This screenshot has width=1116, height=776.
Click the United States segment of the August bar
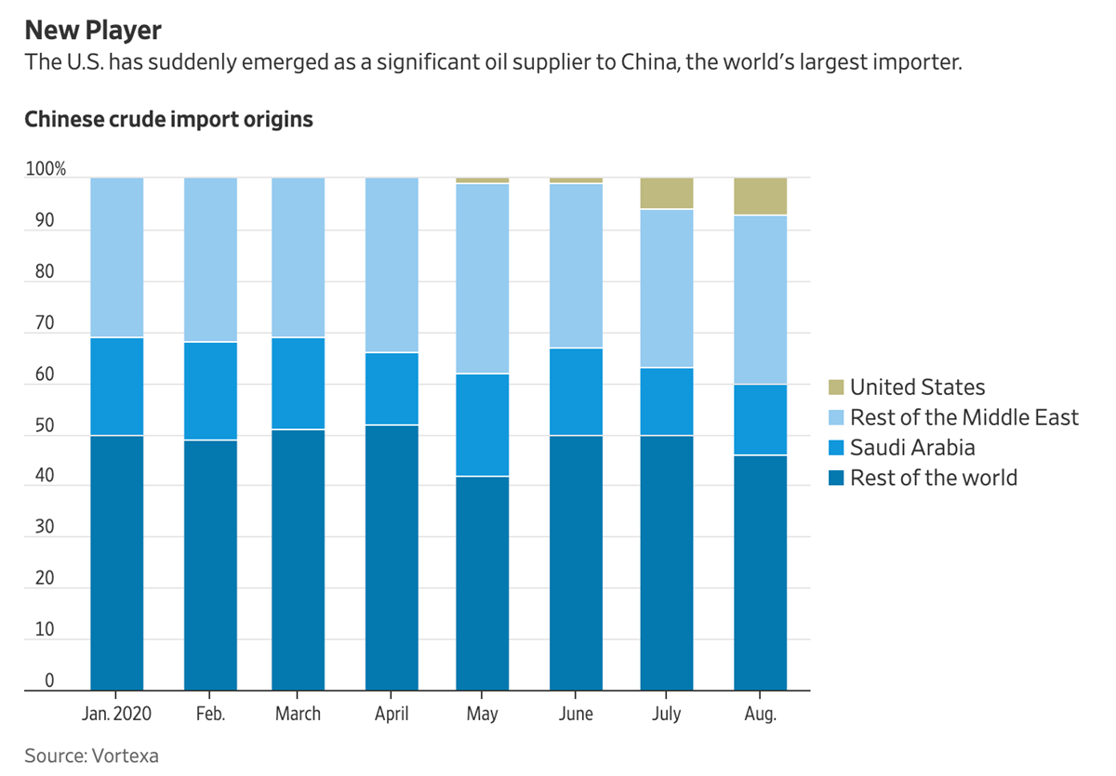tap(760, 196)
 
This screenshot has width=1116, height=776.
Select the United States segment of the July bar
tap(667, 193)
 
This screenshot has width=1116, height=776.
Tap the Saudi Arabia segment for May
tap(483, 425)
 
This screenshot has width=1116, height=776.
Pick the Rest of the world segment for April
tap(392, 558)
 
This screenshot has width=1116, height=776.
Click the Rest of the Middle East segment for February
tap(210, 260)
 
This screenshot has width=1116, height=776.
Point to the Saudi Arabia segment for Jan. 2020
tap(117, 387)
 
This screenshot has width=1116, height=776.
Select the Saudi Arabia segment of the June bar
tap(576, 392)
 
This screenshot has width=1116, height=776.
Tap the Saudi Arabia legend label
tap(912, 448)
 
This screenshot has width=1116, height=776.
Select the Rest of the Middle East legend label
tap(964, 417)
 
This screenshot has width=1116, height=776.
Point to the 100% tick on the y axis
tap(46, 170)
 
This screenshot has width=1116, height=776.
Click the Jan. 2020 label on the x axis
tap(115, 714)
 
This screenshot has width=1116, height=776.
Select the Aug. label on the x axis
tap(760, 714)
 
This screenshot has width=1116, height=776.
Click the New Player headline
tap(93, 31)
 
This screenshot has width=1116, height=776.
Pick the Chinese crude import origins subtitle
tap(168, 120)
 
